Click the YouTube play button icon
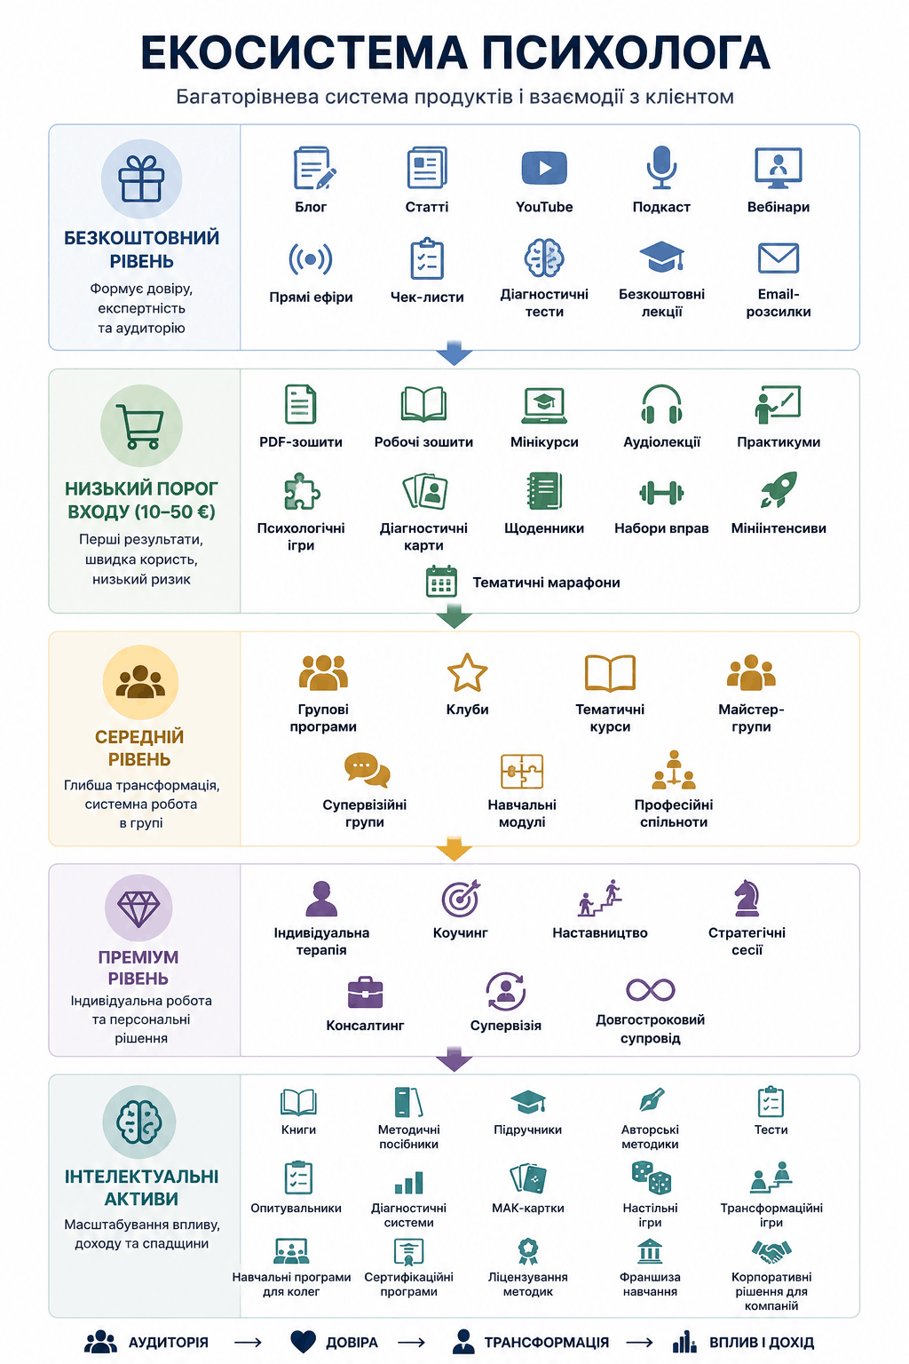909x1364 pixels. pos(543,168)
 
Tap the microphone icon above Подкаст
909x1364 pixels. pos(661,167)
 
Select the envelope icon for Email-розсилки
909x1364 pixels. pos(779,258)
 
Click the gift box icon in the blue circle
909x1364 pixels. pos(141,178)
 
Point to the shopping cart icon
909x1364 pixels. pos(142,426)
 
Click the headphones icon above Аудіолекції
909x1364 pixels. pos(661,404)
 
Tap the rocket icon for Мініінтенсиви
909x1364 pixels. pos(779,489)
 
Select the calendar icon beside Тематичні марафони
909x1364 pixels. pos(441,582)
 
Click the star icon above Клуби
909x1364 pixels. pos(467,673)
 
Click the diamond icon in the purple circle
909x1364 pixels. pos(138,908)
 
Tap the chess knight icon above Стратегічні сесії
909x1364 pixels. pos(747,898)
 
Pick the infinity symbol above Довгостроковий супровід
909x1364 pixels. pos(651,990)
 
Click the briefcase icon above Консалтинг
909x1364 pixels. pos(365,993)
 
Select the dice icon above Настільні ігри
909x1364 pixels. pos(651,1177)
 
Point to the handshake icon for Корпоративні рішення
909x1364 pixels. pos(771,1252)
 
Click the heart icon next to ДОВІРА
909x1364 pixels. pos(303,1342)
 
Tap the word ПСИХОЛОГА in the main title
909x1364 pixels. pos(626,52)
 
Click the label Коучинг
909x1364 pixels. pos(461,933)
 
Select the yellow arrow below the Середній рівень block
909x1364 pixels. pos(454,850)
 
